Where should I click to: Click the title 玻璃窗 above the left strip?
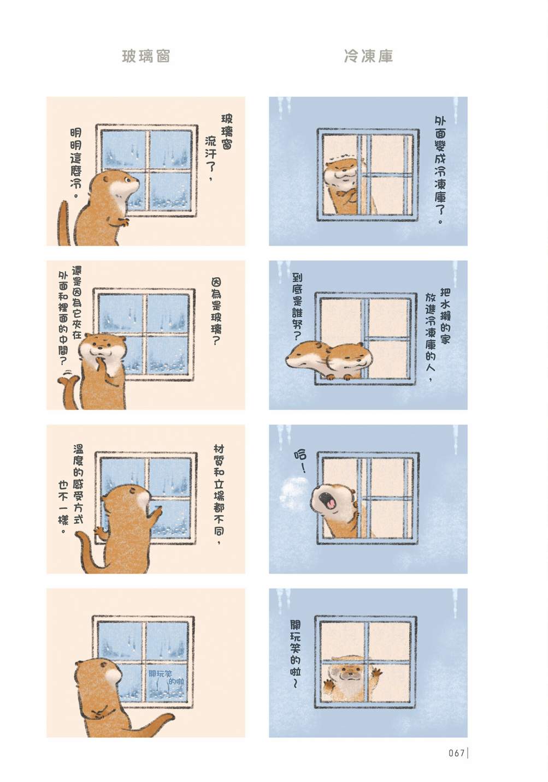tap(146, 56)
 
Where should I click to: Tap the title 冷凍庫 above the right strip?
tap(369, 56)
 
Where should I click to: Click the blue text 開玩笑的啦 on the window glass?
tap(167, 677)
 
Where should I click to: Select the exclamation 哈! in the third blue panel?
tap(300, 461)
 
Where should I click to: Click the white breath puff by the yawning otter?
tap(293, 491)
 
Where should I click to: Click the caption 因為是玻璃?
tap(216, 312)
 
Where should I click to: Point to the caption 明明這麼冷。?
tap(76, 163)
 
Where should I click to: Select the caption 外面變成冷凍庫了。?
tap(440, 170)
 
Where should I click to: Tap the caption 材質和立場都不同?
tap(219, 494)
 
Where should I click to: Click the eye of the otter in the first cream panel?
tap(127, 180)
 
